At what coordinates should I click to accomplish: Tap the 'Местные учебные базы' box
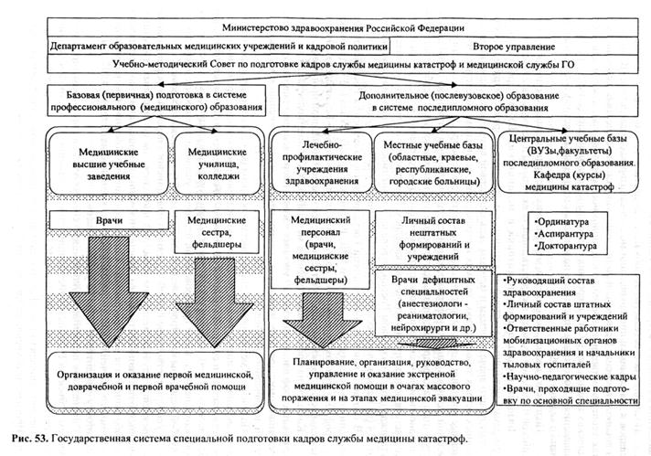[432, 161]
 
